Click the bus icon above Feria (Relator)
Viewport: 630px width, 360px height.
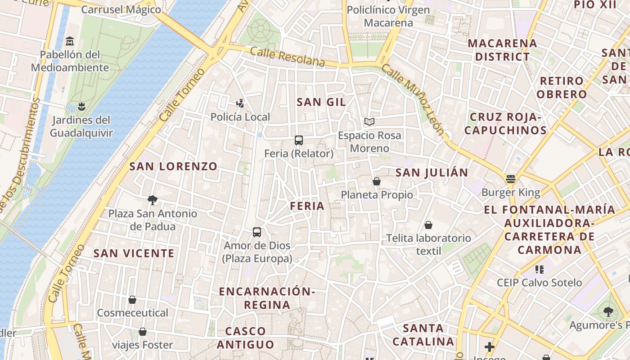[x=299, y=140]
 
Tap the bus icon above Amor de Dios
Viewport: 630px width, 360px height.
[x=257, y=232]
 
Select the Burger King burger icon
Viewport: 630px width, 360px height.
[x=510, y=179]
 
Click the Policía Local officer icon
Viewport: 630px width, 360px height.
[x=240, y=103]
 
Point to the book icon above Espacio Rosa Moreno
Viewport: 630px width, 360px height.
[x=369, y=121]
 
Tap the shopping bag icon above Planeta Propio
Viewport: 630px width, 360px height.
[x=377, y=181]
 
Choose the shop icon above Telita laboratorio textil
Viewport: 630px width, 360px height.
[x=428, y=225]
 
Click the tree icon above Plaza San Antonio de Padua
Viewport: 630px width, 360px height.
[x=153, y=200]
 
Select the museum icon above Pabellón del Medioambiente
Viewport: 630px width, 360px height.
[x=70, y=41]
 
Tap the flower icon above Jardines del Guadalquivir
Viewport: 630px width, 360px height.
[x=81, y=107]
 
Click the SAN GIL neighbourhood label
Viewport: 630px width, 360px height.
[x=321, y=102]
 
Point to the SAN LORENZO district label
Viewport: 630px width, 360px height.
[x=173, y=166]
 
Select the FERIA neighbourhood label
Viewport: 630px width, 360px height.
[x=307, y=206]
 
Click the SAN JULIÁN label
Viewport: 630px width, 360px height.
[x=432, y=172]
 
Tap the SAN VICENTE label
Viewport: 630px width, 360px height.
[x=134, y=253]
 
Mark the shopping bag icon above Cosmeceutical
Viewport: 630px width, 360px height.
[x=132, y=300]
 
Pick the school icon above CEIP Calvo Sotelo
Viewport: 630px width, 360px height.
[x=539, y=270]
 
